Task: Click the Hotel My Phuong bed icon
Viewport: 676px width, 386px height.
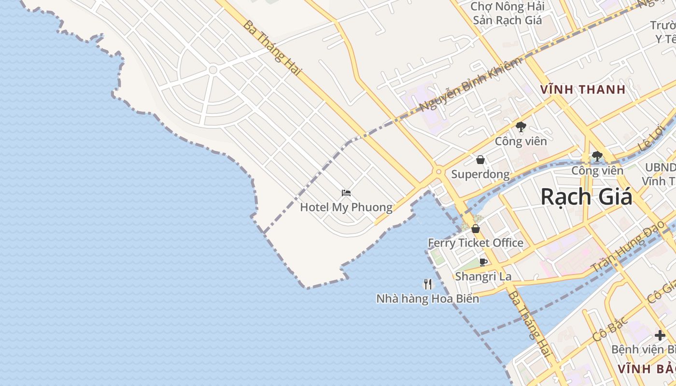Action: (346, 193)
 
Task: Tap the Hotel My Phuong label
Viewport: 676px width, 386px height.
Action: (346, 207)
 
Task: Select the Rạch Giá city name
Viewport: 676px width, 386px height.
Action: (586, 197)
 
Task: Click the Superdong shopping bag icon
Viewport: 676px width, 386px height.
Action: (480, 160)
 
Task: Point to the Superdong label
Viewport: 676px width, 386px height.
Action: (480, 174)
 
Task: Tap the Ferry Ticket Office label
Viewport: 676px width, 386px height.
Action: (476, 243)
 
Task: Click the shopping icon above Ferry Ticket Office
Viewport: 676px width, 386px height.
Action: (476, 229)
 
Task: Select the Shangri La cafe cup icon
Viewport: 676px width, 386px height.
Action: (483, 262)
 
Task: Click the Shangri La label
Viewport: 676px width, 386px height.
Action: (483, 276)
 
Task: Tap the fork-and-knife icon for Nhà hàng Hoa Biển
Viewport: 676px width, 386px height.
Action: (427, 284)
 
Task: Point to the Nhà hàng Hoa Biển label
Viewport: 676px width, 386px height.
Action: (427, 299)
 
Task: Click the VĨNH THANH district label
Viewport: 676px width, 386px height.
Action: (583, 89)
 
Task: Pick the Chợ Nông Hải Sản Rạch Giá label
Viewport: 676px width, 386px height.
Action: (507, 14)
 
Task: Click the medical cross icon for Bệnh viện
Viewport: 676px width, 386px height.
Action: (660, 335)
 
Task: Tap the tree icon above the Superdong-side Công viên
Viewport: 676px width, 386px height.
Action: (521, 127)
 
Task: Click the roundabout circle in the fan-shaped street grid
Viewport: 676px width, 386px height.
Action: (212, 70)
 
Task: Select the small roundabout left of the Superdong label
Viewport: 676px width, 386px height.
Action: (438, 171)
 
